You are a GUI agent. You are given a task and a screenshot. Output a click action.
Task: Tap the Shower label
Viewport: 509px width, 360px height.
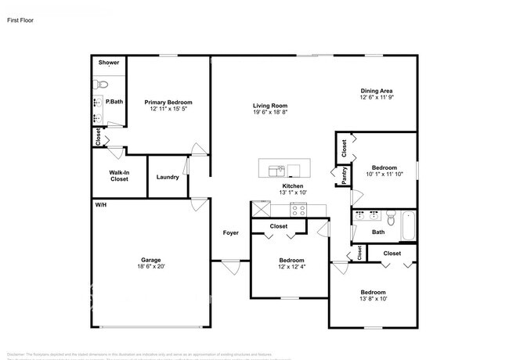coord(108,62)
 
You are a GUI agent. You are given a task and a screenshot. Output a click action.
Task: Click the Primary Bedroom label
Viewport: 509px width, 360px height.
coord(168,103)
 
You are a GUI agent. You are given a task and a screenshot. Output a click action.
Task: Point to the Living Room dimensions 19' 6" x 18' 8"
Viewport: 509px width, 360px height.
coord(270,113)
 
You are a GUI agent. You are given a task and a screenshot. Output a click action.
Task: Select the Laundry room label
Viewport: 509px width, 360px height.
coord(168,177)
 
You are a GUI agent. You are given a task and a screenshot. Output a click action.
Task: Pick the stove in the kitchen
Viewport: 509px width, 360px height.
coord(298,209)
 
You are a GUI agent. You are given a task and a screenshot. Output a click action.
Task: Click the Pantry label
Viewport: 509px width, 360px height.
coord(342,176)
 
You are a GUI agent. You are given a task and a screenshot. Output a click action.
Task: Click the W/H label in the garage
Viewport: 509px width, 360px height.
coord(100,204)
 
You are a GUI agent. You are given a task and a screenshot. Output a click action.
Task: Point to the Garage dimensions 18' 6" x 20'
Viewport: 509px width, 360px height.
coord(152,266)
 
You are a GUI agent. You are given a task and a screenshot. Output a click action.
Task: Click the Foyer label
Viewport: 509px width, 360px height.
coord(230,232)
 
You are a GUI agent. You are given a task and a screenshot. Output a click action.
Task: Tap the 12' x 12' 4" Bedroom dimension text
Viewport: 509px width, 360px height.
coord(291,267)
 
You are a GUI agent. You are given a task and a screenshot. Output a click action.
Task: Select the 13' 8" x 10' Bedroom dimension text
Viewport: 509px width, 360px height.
coord(372,298)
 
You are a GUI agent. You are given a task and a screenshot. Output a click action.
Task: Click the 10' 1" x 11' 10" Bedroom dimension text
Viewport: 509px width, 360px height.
coord(384,175)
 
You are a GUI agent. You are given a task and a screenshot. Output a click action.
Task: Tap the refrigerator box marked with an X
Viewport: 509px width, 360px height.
coord(260,209)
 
